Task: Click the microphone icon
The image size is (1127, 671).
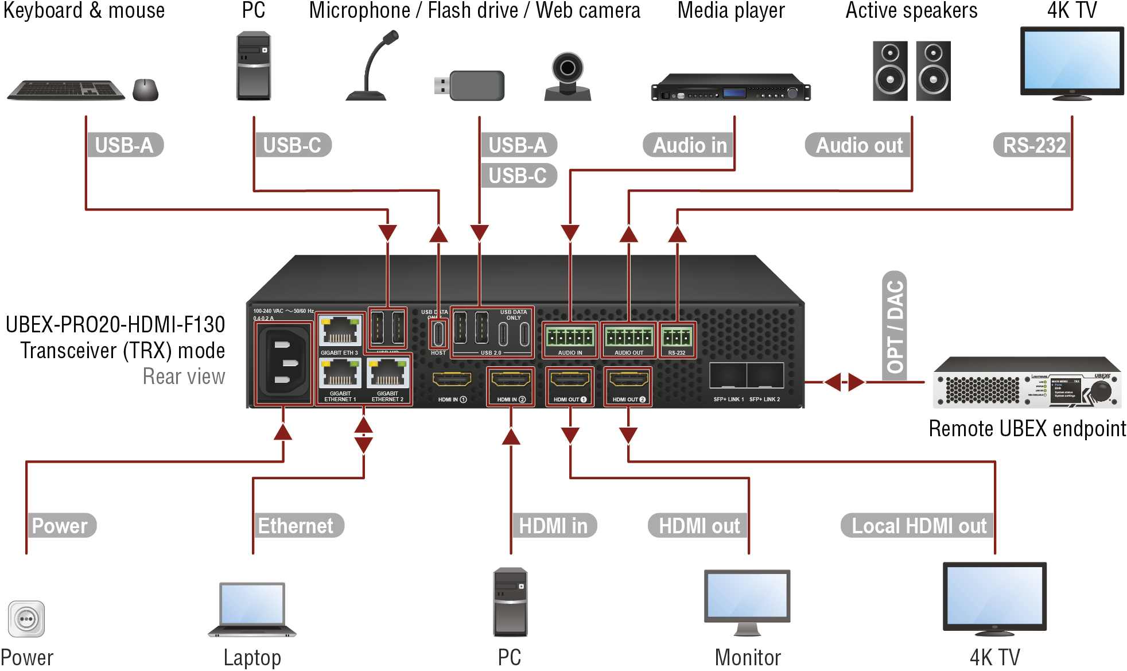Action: [x=372, y=66]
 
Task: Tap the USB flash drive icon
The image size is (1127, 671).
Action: [x=470, y=86]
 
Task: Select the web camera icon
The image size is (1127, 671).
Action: [x=567, y=76]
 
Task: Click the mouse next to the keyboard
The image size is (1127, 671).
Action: [x=146, y=90]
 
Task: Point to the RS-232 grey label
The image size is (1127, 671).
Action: [x=1033, y=145]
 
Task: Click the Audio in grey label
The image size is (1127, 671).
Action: [x=689, y=145]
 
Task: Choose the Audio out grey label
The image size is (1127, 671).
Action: [x=858, y=145]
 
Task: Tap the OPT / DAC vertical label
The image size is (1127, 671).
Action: [x=895, y=325]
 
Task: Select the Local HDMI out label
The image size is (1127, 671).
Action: [x=918, y=526]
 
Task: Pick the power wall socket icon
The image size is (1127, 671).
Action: [x=26, y=619]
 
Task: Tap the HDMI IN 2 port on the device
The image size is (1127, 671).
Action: [x=511, y=379]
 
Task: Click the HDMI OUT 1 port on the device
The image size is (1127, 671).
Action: [x=570, y=379]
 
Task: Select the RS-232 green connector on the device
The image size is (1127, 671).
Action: [x=677, y=337]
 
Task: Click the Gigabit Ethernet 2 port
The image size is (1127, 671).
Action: [x=388, y=374]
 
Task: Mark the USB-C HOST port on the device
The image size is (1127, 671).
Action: [x=438, y=333]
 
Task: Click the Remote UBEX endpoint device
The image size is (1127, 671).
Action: [x=1027, y=383]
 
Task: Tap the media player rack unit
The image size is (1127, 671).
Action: [x=730, y=88]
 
